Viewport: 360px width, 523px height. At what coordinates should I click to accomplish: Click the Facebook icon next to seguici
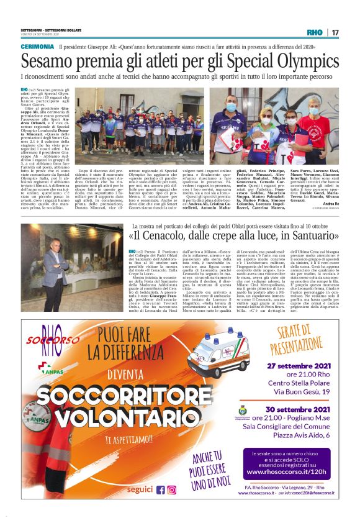pos(160,489)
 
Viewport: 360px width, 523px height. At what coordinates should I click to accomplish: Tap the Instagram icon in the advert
pos(171,489)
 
